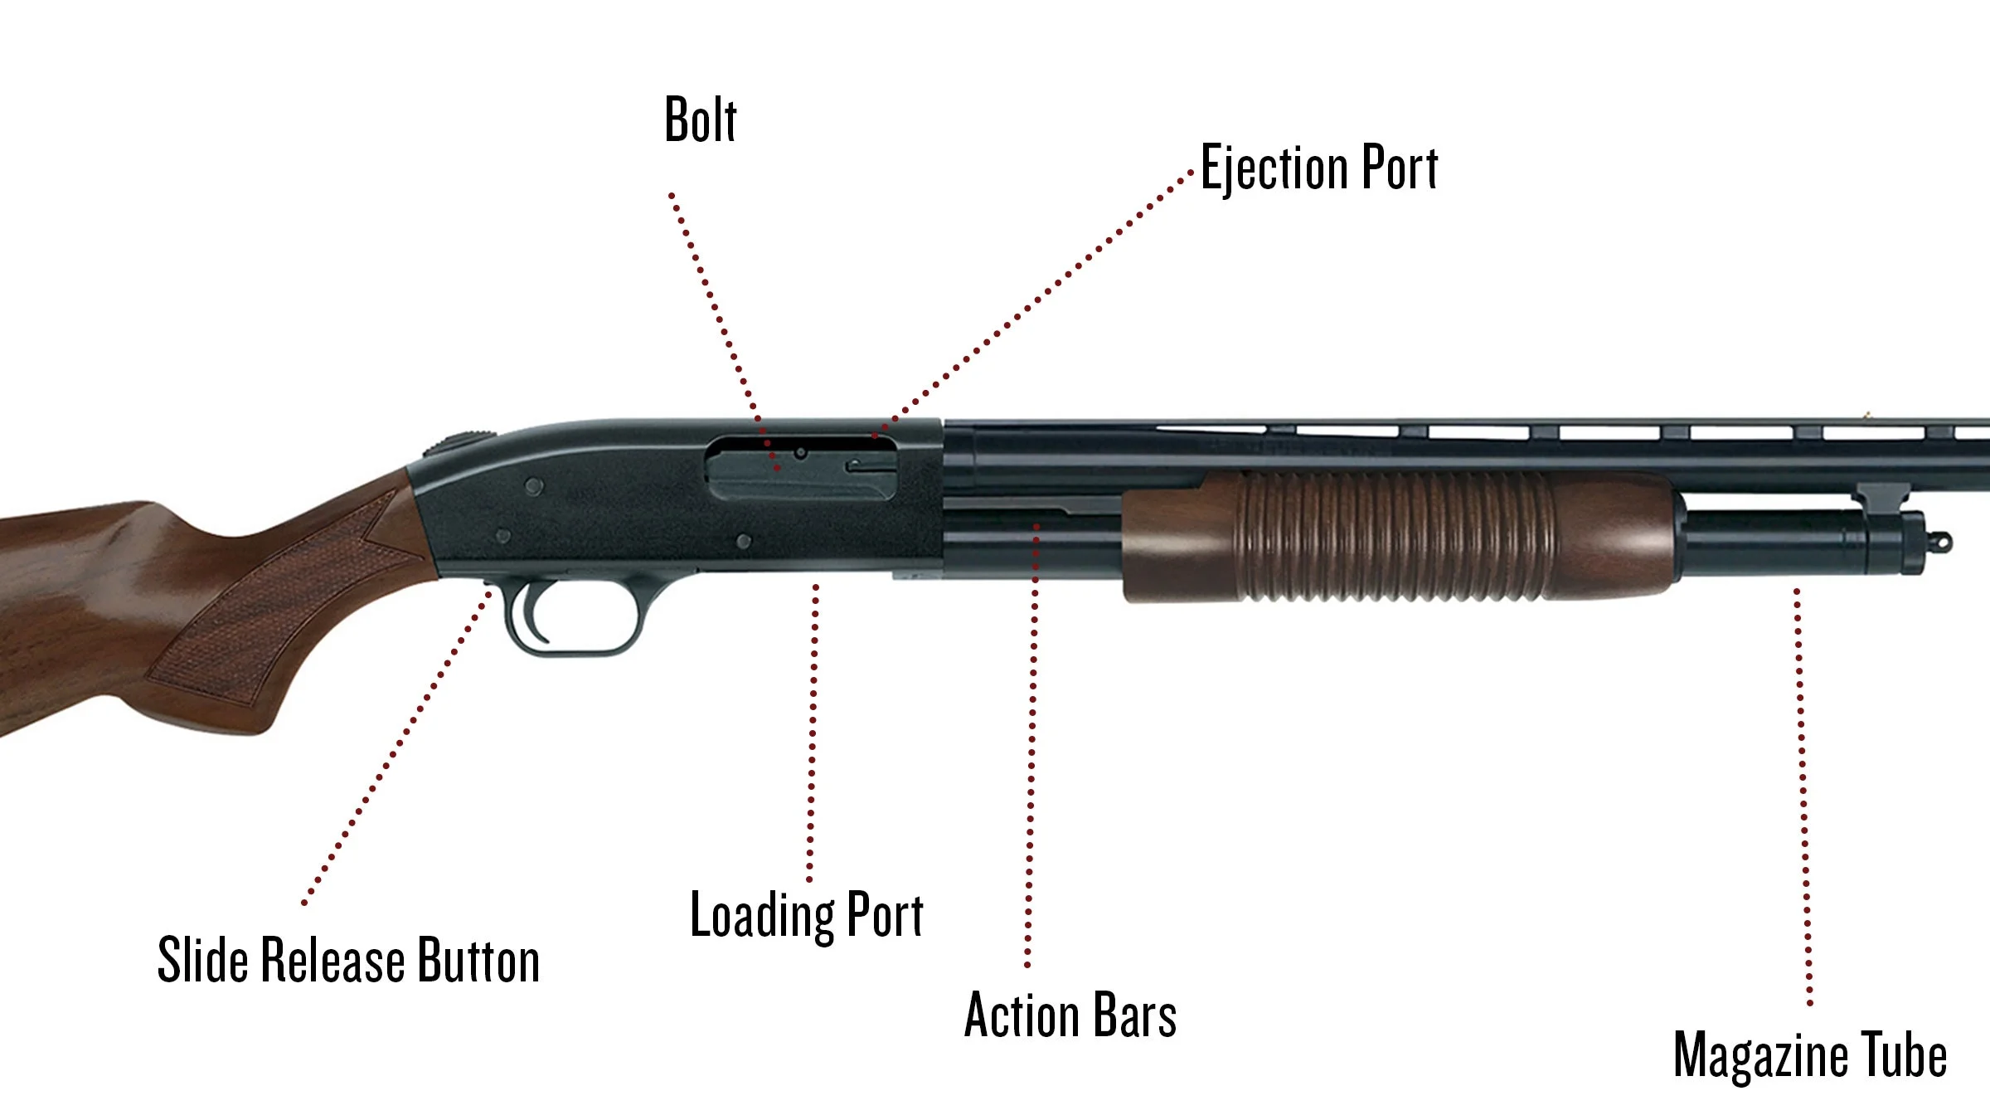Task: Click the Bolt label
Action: coord(700,121)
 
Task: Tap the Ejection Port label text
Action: coord(1319,168)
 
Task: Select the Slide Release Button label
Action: coord(348,961)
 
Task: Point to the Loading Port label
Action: coord(807,916)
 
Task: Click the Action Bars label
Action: coord(1070,1015)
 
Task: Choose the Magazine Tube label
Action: coord(1810,1055)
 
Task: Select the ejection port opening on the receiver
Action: coord(801,470)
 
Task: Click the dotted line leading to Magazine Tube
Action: coord(1803,796)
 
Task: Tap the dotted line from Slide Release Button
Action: coord(398,747)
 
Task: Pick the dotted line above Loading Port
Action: coord(813,730)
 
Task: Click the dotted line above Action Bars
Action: coord(1032,747)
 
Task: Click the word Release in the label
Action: coord(334,961)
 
